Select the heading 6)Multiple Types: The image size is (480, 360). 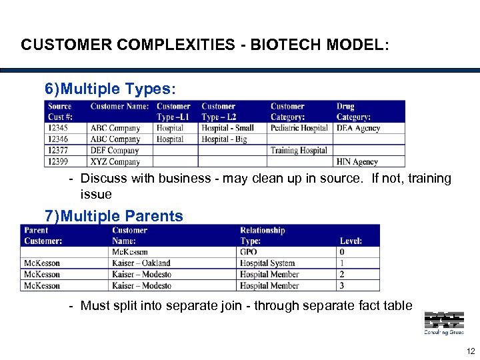coord(111,89)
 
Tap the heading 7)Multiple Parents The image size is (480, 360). coord(113,216)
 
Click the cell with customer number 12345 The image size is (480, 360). coord(58,128)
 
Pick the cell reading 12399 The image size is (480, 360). coord(58,162)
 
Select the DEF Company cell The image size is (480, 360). coord(115,151)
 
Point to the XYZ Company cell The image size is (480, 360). coord(115,162)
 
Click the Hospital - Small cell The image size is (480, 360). coord(227,128)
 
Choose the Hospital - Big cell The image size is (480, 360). coord(224,139)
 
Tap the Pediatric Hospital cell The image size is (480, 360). coord(299,128)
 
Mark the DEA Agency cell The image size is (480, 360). coord(358,128)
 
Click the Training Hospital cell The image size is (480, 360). coord(299,151)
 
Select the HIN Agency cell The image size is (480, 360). coord(357,162)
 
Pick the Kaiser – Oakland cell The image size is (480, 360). coord(141,263)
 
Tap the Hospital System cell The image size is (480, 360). coord(267,263)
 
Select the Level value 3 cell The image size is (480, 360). coord(342,286)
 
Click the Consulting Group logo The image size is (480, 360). coord(444,323)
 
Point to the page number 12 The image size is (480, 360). coord(471,351)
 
